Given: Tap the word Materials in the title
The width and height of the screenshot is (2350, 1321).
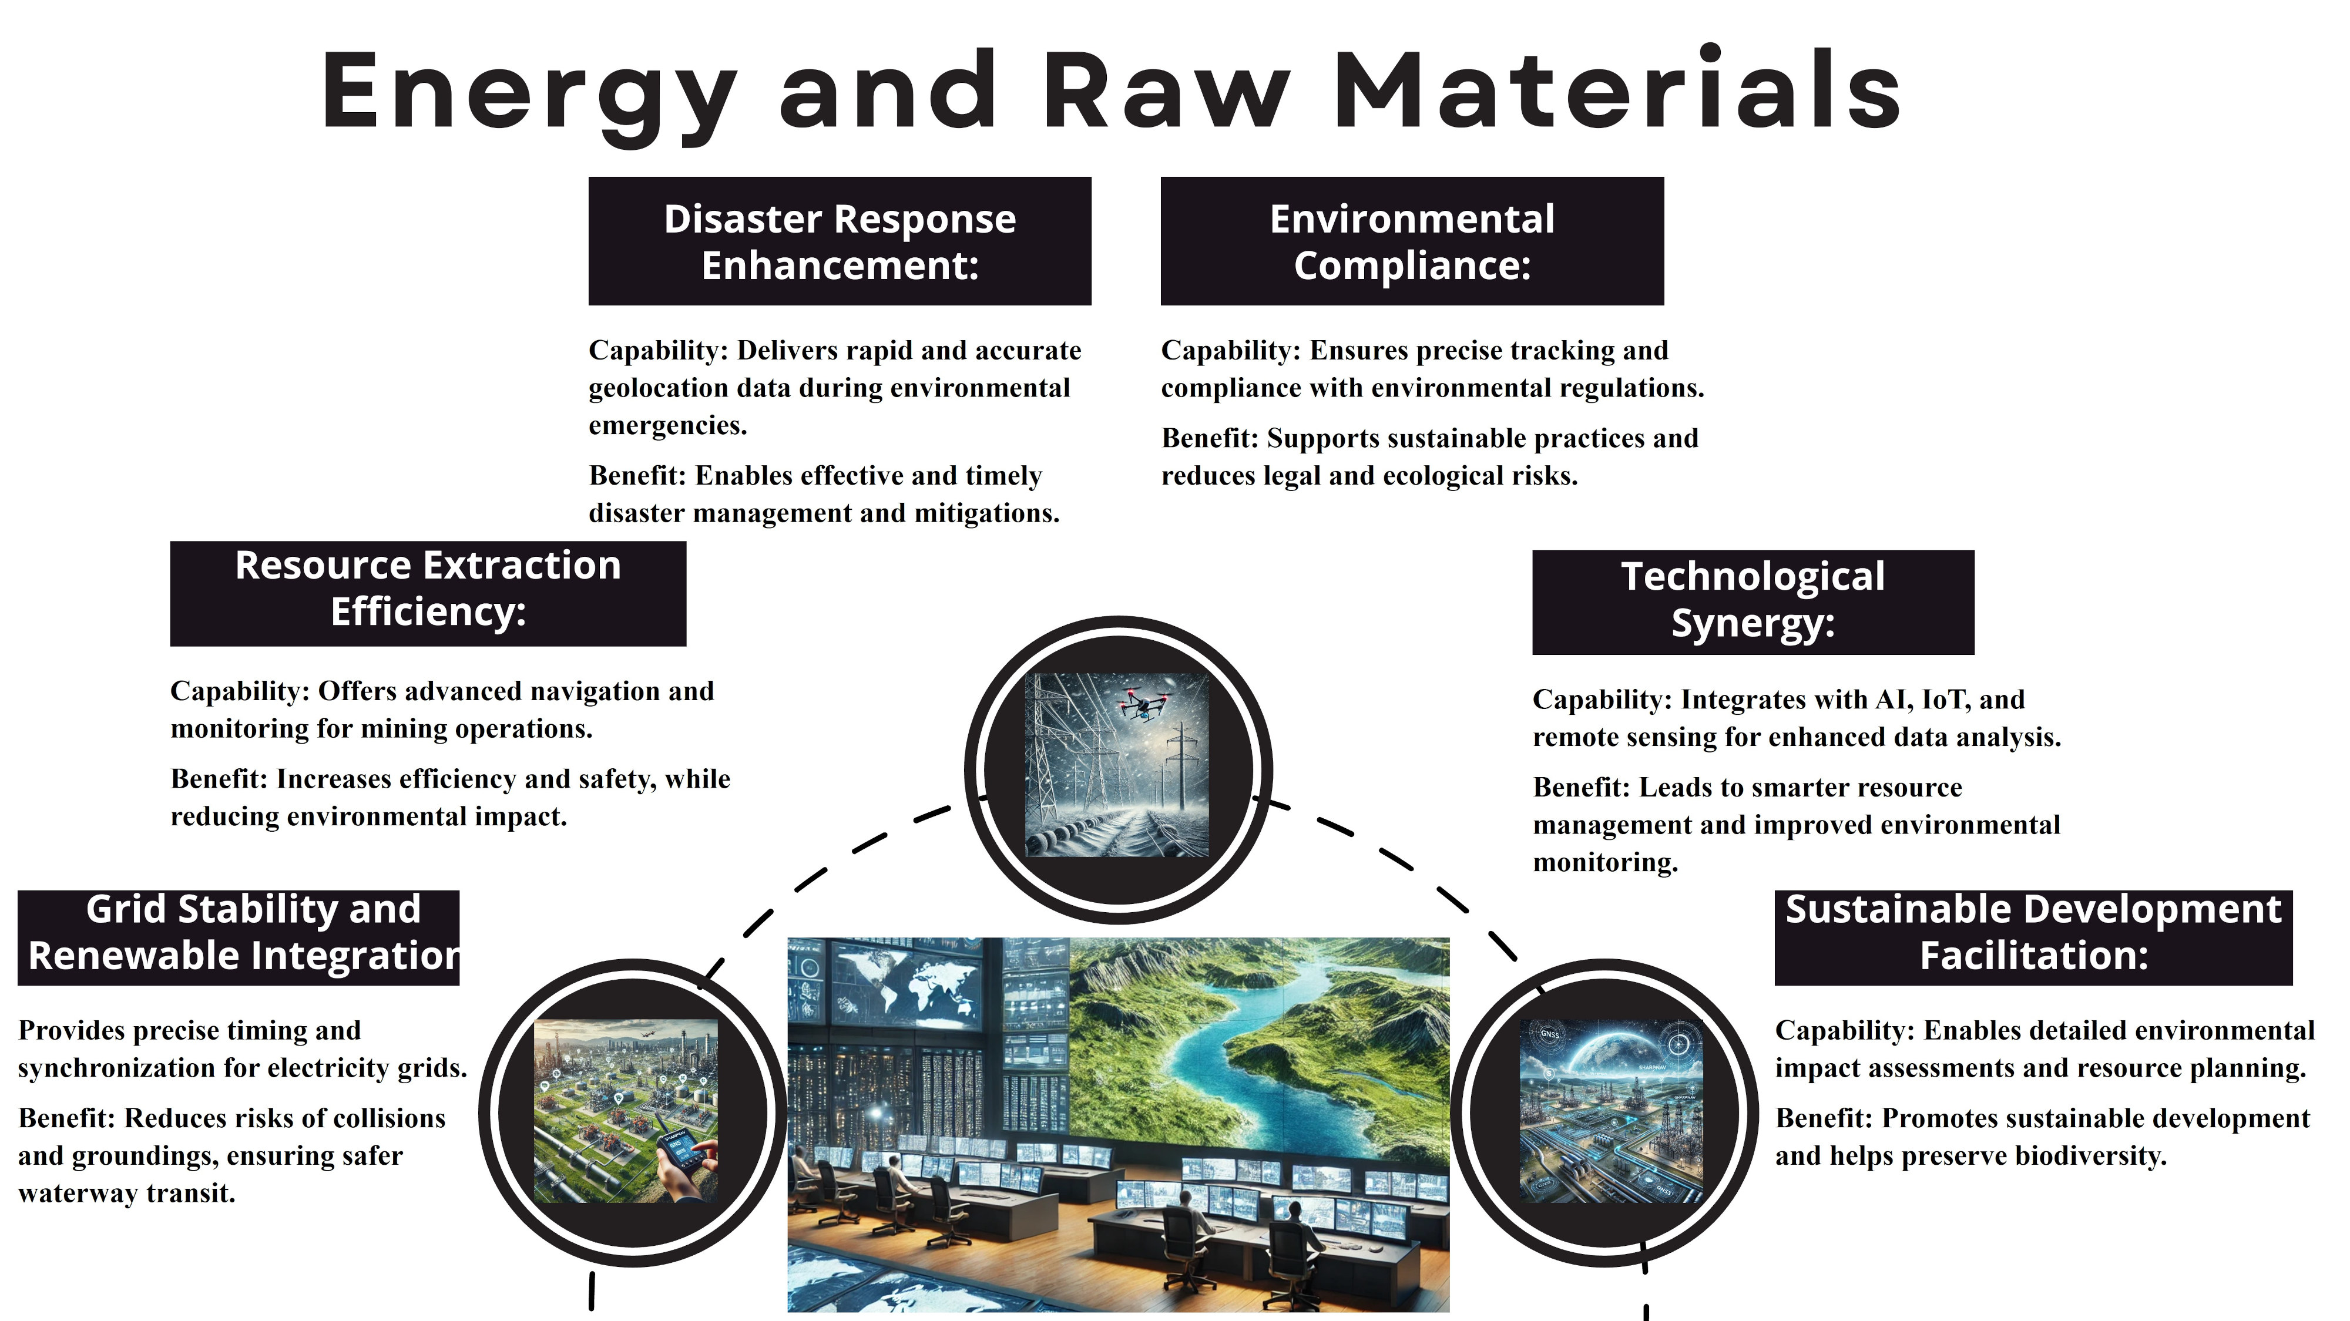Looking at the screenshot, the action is [1617, 89].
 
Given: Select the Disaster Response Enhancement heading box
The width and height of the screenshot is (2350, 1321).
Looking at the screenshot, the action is [840, 241].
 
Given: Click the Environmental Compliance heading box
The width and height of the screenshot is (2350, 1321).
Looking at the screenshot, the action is [1412, 241].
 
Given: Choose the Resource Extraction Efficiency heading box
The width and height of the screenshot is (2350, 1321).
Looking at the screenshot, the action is [428, 593].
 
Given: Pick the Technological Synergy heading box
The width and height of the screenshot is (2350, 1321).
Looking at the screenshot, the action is [1753, 602].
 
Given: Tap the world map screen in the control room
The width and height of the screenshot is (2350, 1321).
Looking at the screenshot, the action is [915, 983].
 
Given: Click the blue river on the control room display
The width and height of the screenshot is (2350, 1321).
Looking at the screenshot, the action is [1250, 1077].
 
